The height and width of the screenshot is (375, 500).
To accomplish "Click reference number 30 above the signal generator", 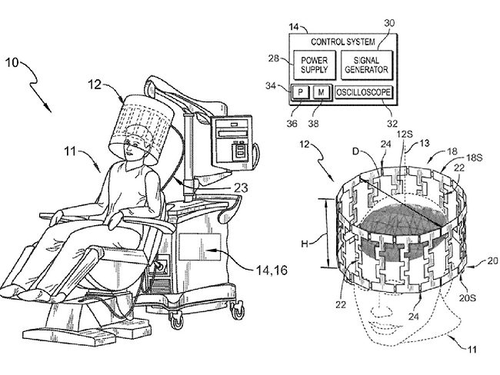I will point(390,24).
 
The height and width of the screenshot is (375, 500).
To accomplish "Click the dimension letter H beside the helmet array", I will point(305,244).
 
